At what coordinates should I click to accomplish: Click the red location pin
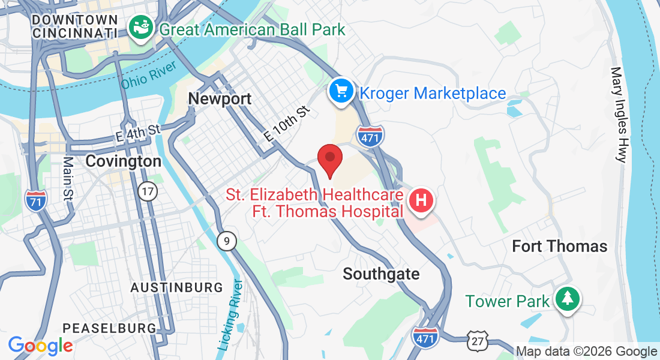click(x=329, y=158)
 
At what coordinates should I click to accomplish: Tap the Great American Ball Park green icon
click(x=142, y=28)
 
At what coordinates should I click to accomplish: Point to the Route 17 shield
click(x=147, y=191)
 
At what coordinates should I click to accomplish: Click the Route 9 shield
click(x=226, y=241)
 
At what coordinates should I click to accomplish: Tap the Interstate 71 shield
click(x=37, y=200)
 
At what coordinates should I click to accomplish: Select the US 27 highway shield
click(x=478, y=341)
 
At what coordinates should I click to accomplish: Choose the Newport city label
click(x=220, y=99)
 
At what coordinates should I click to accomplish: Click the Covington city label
click(x=123, y=161)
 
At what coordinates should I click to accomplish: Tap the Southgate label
click(x=381, y=274)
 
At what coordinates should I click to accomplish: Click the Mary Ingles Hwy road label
click(x=619, y=114)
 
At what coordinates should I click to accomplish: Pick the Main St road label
click(x=67, y=178)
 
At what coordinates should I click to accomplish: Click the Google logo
click(x=40, y=346)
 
